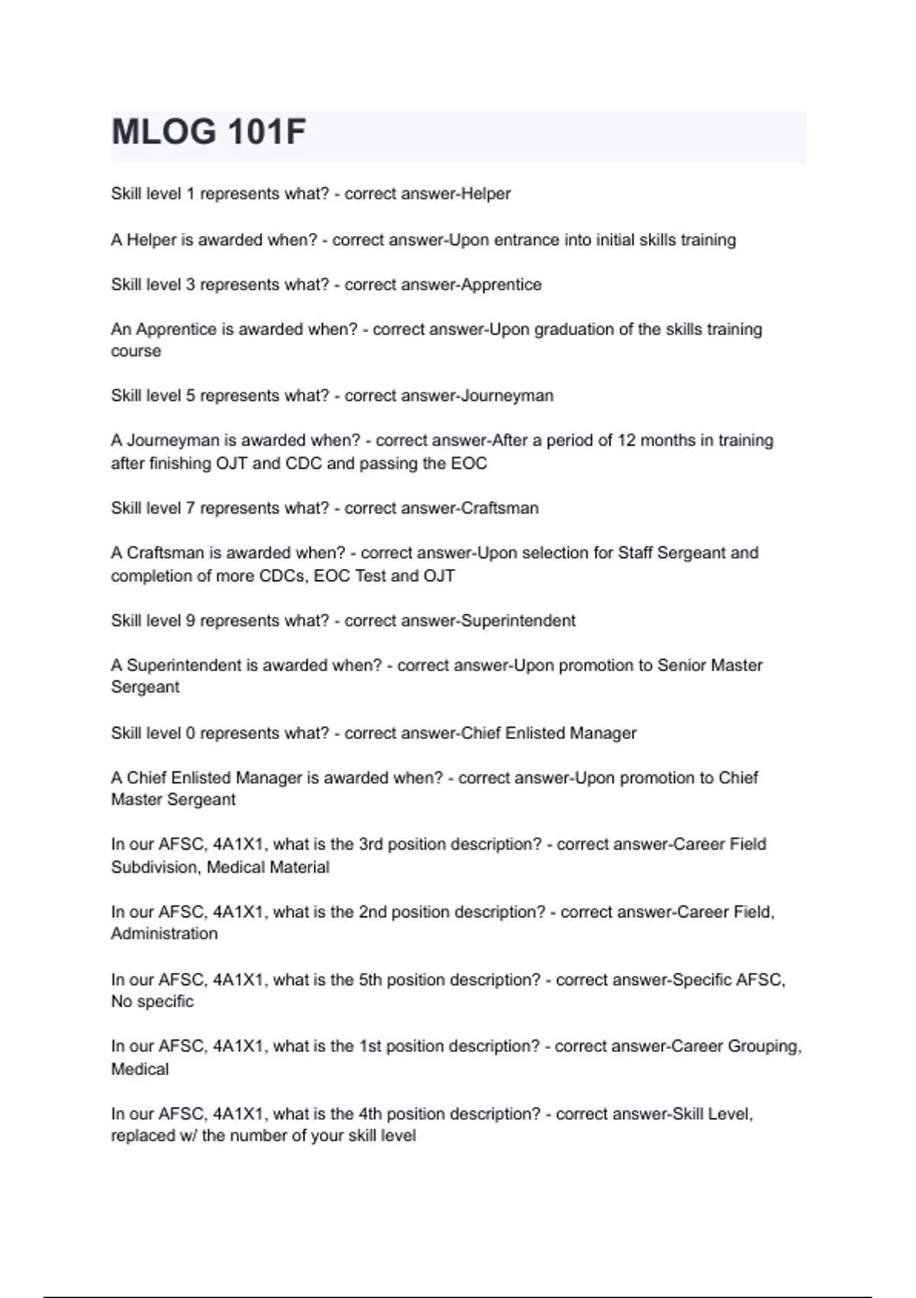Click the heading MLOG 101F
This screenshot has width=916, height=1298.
coord(208,132)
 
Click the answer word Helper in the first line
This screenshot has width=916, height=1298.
coord(486,194)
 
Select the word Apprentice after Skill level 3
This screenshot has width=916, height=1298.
coord(502,285)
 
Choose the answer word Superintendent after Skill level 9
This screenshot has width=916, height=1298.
coord(518,621)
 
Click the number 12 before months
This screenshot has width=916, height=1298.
coord(626,441)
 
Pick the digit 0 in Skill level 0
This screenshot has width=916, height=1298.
coord(191,733)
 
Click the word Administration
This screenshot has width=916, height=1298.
coord(164,934)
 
